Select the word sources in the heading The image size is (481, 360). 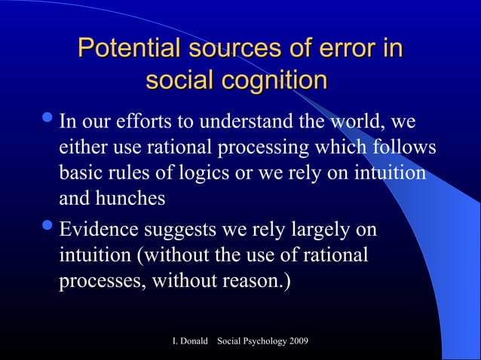point(237,50)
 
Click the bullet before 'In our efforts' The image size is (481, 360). point(48,120)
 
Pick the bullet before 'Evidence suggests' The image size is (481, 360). point(48,227)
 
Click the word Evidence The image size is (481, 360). point(98,228)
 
